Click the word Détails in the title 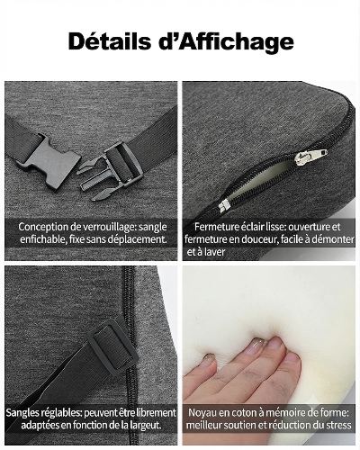pos(110,41)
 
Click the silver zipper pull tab pos(311,157)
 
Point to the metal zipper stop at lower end pos(224,205)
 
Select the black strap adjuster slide pos(112,346)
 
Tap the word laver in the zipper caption pos(215,252)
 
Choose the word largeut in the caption pos(145,426)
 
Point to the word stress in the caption pos(337,425)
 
